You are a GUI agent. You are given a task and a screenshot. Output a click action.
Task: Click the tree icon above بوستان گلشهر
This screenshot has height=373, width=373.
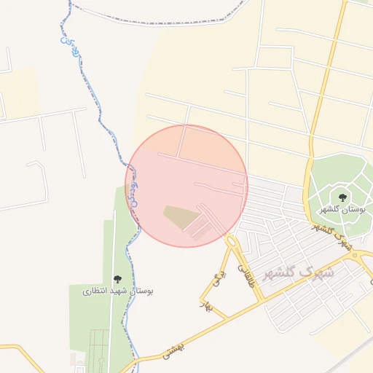point(342,197)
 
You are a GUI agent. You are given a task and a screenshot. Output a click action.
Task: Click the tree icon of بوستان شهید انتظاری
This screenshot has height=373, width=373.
point(117,279)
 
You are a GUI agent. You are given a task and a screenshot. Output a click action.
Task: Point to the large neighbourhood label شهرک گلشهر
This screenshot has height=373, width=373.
point(297,273)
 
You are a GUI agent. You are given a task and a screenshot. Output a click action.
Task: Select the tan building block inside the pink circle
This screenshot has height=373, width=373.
point(179,216)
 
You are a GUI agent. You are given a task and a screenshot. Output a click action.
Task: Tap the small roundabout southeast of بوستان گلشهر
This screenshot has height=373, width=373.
point(364,256)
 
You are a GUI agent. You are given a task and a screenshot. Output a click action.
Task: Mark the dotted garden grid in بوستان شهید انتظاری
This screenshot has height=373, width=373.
point(98,350)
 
